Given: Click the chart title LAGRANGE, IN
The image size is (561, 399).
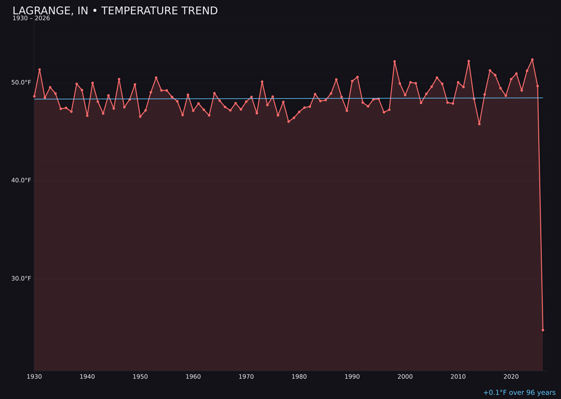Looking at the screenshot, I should (x=115, y=11).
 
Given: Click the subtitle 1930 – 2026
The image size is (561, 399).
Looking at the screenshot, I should (x=31, y=19).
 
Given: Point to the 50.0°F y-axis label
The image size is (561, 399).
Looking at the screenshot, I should (x=22, y=83).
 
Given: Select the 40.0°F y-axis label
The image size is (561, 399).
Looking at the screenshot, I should (x=22, y=180).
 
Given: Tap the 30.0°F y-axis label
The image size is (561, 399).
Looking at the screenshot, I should (x=22, y=278).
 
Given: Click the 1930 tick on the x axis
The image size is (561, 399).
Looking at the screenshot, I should (x=34, y=377).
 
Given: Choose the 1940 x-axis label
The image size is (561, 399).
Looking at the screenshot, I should (x=87, y=377).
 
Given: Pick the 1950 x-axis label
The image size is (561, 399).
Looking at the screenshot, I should (x=140, y=377).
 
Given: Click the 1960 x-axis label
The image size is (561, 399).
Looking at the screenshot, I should (x=193, y=377).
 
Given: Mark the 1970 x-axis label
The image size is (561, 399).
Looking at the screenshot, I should (x=246, y=377).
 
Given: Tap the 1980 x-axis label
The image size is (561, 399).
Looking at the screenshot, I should (x=299, y=377).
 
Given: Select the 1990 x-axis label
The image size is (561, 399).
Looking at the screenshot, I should (x=352, y=377).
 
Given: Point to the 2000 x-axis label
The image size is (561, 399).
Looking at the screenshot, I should (x=405, y=377).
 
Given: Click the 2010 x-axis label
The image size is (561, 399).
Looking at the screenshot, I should (x=458, y=377).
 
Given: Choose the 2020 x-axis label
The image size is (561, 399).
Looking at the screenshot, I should (x=511, y=377).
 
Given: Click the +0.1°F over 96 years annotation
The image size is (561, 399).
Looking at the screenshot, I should (x=519, y=393).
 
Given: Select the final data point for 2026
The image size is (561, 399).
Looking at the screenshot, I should (x=543, y=330).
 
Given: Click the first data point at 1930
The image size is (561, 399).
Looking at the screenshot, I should (x=34, y=96).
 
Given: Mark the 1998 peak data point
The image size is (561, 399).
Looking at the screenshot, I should (x=395, y=61).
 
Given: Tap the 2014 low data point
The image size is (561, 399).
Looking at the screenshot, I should (x=479, y=124).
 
